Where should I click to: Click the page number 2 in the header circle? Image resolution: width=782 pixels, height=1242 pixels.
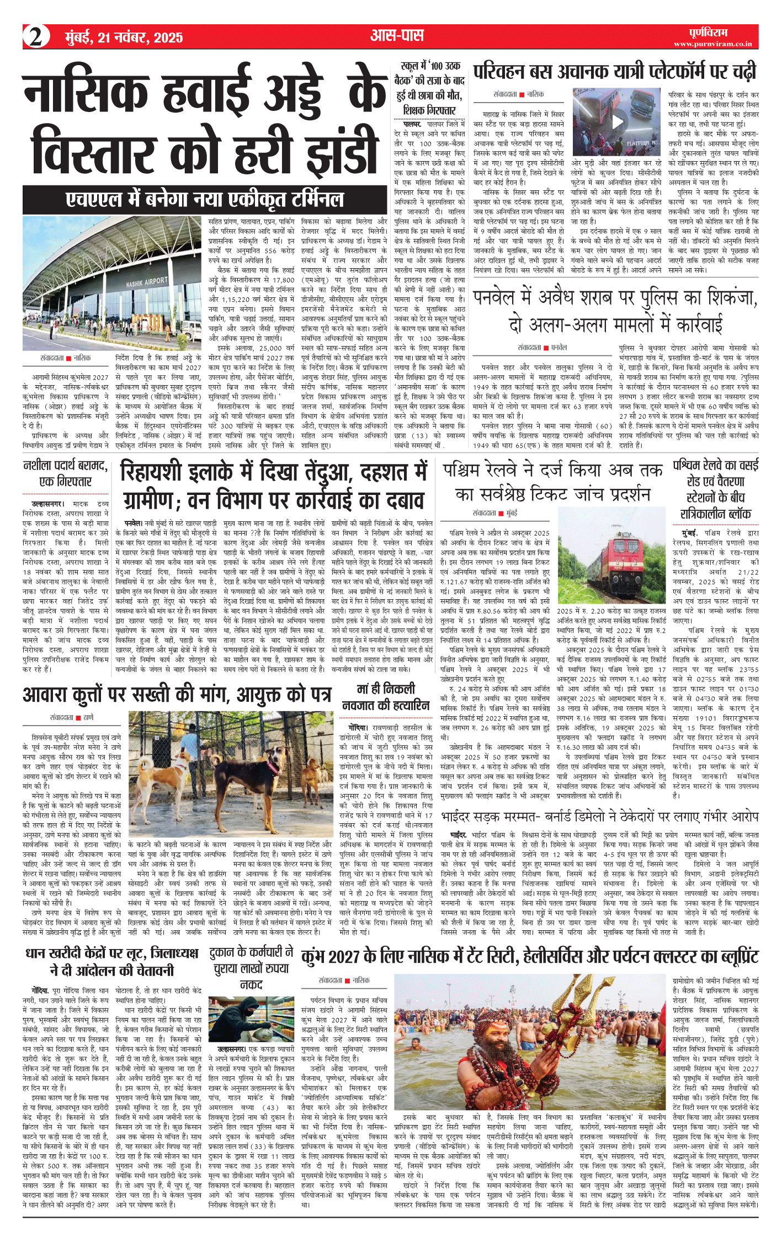36,38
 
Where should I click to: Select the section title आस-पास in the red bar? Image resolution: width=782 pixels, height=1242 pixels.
397,36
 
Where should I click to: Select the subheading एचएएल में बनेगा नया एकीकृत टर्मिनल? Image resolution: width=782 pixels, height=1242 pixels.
204,199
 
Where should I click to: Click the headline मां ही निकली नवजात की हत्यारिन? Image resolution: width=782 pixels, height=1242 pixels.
385,697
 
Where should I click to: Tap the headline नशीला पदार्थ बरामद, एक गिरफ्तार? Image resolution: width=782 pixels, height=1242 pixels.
65,473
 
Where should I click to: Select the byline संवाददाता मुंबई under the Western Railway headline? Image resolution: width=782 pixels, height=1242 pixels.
495,513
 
